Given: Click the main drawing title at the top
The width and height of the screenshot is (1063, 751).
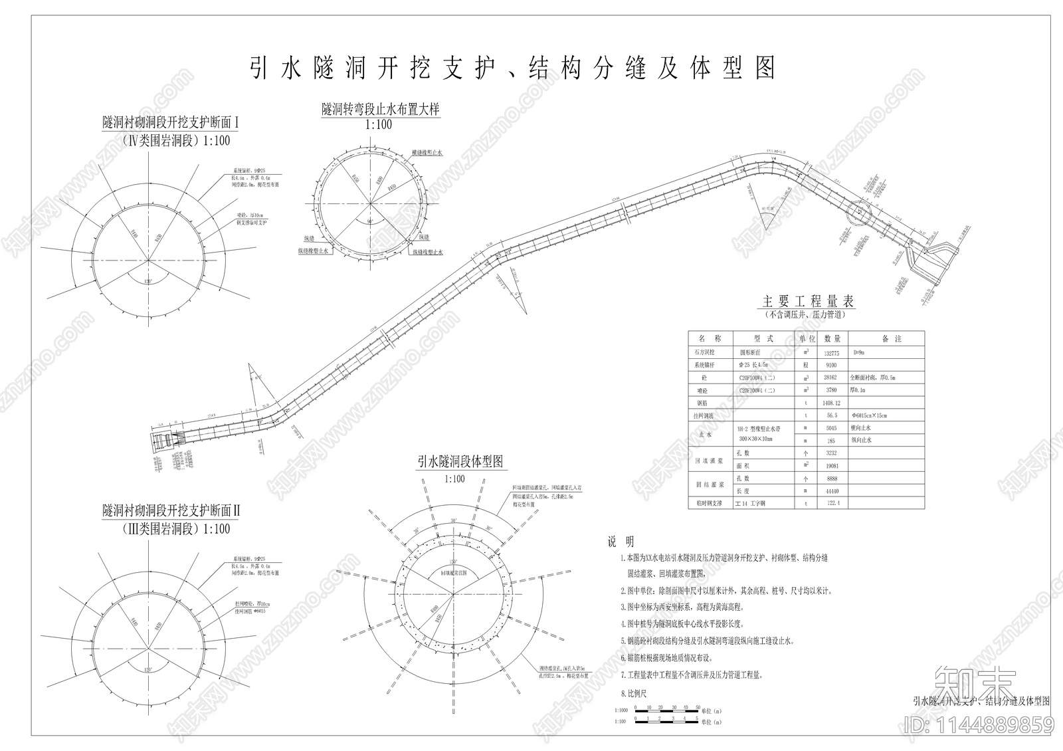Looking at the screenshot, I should [512, 68].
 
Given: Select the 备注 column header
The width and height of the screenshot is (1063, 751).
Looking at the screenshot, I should [892, 339].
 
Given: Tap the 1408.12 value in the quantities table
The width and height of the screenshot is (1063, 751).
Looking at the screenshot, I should [831, 403].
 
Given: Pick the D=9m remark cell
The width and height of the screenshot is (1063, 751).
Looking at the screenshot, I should [860, 354].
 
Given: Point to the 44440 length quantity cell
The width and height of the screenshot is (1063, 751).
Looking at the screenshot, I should [831, 491].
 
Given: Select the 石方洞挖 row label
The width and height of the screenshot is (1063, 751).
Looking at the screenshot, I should [704, 354].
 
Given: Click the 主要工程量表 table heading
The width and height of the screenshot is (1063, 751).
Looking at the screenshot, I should [807, 301].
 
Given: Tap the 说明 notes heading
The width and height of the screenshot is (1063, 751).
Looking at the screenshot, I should [621, 542].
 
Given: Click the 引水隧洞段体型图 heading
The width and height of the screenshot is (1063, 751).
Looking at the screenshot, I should [460, 462].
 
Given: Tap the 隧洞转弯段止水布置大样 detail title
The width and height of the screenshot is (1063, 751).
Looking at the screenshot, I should [381, 109].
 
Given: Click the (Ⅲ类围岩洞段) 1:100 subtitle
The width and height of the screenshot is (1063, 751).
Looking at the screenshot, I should [176, 529].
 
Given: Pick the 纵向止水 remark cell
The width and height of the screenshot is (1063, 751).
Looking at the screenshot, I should [862, 441].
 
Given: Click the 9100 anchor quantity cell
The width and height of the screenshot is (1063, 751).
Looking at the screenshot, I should [831, 366].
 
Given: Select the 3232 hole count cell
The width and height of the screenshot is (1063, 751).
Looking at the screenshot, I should [831, 453].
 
